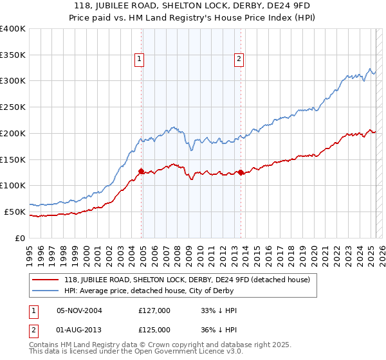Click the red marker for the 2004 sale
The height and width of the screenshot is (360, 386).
pos(141,171)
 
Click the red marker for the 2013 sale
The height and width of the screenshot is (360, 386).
pos(241,172)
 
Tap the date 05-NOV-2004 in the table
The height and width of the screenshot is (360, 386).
pos(79,310)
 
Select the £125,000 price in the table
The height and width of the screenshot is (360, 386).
pos(154,329)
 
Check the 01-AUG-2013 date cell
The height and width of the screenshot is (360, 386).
pos(79,329)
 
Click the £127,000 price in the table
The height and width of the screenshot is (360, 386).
pos(154,310)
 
